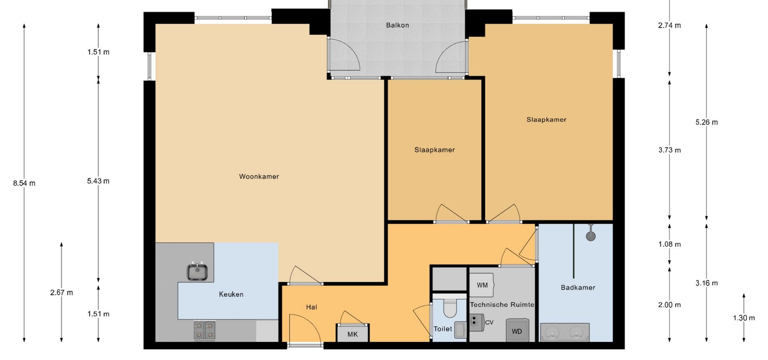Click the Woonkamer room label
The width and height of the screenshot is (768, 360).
coord(259,176)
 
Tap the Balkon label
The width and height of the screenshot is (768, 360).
coord(398,25)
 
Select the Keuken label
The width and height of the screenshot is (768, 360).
coord(231,294)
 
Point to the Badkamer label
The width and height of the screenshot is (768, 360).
coord(578,288)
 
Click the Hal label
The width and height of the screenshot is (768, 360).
coord(312,307)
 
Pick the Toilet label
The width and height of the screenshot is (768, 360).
coord(443,329)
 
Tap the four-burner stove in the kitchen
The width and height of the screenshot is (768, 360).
coord(205,330)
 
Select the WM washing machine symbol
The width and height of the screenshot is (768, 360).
coord(482,285)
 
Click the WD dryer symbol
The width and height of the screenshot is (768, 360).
coord(517,330)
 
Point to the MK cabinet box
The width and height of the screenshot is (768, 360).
coord(352,334)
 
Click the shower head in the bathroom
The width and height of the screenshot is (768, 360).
coord(591,236)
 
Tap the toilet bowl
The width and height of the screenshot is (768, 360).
coord(450,308)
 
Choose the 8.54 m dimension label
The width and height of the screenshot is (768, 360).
coord(24,184)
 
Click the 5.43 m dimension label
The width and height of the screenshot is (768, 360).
coord(98,181)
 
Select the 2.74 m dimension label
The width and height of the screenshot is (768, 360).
coord(670,26)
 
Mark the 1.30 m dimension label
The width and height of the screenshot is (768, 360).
coord(744,318)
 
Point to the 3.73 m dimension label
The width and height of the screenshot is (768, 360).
coord(670,150)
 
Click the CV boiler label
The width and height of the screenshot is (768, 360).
coord(489,322)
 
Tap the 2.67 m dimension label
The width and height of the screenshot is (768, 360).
coord(62,293)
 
